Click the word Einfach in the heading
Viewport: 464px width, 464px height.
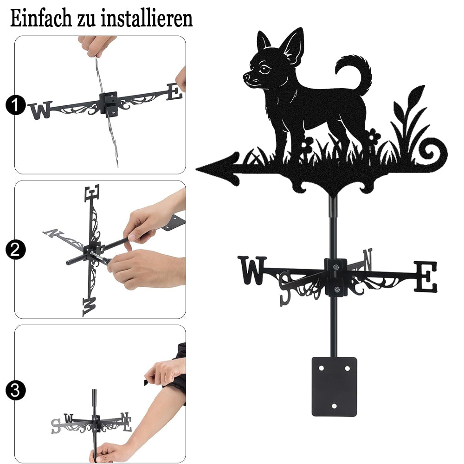click(x=40, y=19)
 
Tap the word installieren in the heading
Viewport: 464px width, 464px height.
click(x=147, y=19)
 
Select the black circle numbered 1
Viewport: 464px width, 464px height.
click(x=15, y=105)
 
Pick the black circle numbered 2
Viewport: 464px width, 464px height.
click(x=15, y=250)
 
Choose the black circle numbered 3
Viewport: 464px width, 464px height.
click(x=15, y=390)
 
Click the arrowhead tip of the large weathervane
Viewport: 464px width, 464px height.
click(x=196, y=169)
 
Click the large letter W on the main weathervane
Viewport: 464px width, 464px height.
click(x=252, y=270)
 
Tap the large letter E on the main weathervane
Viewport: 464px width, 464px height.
click(x=425, y=277)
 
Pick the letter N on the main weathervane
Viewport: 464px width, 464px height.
click(x=367, y=259)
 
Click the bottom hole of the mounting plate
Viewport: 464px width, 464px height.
click(x=334, y=406)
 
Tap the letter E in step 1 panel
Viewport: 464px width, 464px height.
click(x=174, y=91)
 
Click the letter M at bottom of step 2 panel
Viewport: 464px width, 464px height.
click(x=90, y=307)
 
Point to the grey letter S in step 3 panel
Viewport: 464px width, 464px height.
click(x=56, y=426)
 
